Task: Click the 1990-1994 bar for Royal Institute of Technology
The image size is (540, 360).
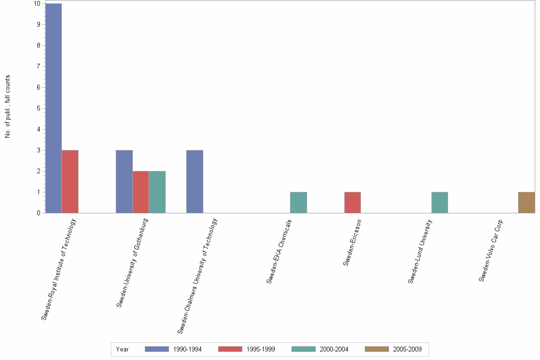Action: [53, 108]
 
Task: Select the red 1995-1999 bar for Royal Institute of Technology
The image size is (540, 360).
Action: [70, 181]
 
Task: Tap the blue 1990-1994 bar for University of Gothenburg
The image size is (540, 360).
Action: [124, 181]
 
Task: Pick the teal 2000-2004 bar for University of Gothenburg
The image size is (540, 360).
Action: [157, 192]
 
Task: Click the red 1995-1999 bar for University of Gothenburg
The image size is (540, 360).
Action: [140, 192]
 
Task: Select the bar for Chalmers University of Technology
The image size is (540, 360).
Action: [194, 181]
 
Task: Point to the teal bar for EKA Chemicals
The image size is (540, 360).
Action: [298, 202]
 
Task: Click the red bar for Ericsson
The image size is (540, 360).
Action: [352, 202]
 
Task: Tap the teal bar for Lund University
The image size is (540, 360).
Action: [440, 202]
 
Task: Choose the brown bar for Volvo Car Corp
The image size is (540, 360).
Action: [526, 202]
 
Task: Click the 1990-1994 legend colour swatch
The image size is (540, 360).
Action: [157, 349]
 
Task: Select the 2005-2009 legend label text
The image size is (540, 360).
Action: [407, 349]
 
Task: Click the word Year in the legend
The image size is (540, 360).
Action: [122, 349]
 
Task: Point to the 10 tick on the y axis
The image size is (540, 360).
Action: [37, 3]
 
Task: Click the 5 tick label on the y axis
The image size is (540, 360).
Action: [38, 108]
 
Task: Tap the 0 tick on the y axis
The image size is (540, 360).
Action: [38, 213]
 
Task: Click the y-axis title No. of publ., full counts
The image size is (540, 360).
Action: [8, 107]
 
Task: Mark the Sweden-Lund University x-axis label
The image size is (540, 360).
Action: [420, 251]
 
